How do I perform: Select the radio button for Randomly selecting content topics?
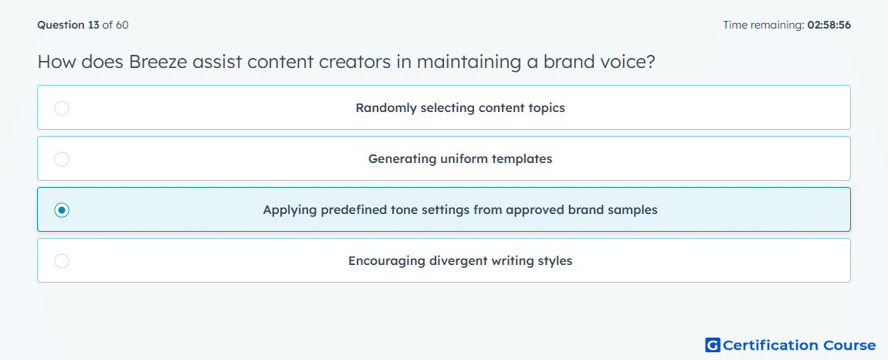click(x=62, y=107)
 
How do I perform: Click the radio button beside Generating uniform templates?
click(x=62, y=159)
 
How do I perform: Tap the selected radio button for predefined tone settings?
click(x=62, y=210)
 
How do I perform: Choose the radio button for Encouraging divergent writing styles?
click(x=62, y=261)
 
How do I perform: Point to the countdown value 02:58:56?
click(x=829, y=25)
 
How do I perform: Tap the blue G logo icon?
click(x=713, y=345)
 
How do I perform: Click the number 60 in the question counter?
click(x=122, y=25)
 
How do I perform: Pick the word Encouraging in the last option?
click(x=387, y=261)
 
